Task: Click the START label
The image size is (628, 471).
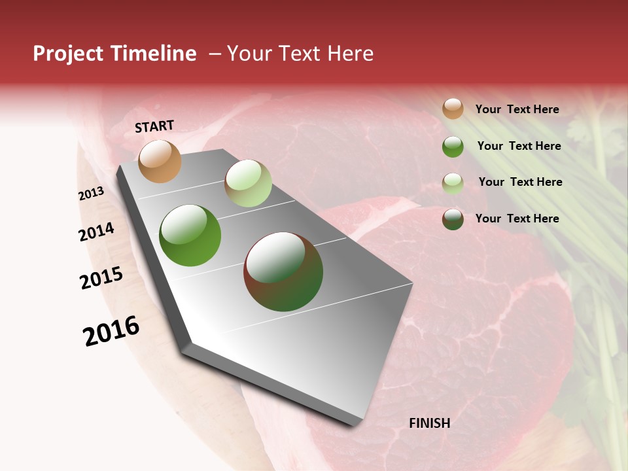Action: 154,126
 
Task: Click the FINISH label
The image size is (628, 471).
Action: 429,423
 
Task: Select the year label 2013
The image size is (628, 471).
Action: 92,194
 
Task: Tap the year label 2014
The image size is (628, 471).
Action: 97,232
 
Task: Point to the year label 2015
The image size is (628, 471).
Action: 101,278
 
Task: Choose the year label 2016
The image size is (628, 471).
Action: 112,331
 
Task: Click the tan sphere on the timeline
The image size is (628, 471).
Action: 160,161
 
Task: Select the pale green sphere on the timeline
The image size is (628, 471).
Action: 248,183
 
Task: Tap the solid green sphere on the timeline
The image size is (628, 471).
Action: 190,235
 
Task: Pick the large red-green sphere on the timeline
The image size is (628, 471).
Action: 283,271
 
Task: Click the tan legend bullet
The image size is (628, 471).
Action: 453,109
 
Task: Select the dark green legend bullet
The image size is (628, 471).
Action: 453,147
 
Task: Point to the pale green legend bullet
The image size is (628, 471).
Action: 453,183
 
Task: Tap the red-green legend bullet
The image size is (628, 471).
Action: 453,219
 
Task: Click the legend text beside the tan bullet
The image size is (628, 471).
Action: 517,110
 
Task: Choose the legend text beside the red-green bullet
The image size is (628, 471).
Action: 517,218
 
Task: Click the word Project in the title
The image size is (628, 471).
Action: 68,54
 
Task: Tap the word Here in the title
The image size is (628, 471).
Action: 350,54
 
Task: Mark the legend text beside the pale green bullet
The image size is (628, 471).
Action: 520,182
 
